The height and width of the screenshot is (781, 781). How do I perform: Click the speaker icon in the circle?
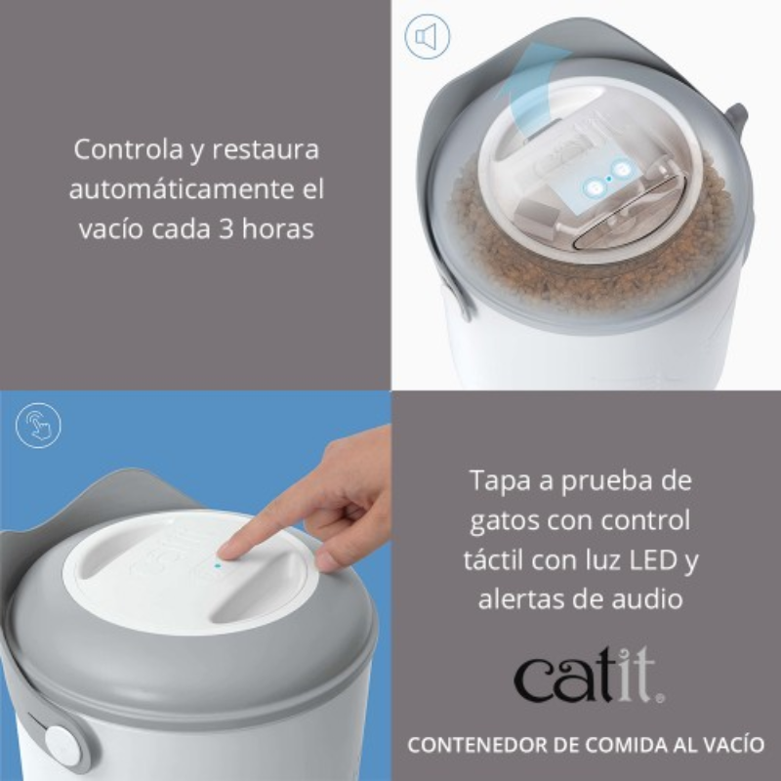coord(427,36)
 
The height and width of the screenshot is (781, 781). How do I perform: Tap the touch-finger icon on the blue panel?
coord(38,426)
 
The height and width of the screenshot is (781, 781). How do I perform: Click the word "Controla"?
coord(128,149)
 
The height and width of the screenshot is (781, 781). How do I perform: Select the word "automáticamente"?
coord(179,189)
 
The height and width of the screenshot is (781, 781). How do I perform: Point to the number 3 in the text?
coord(226,229)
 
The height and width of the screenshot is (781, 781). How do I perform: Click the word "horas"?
coord(277,228)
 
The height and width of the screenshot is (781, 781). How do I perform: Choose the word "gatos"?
coord(504,521)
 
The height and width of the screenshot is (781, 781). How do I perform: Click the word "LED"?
coord(652,559)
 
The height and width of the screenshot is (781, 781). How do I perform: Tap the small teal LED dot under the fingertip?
coord(217,566)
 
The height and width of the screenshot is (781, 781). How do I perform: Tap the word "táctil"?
coord(493,559)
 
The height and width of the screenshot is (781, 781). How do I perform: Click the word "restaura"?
coord(266,149)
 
